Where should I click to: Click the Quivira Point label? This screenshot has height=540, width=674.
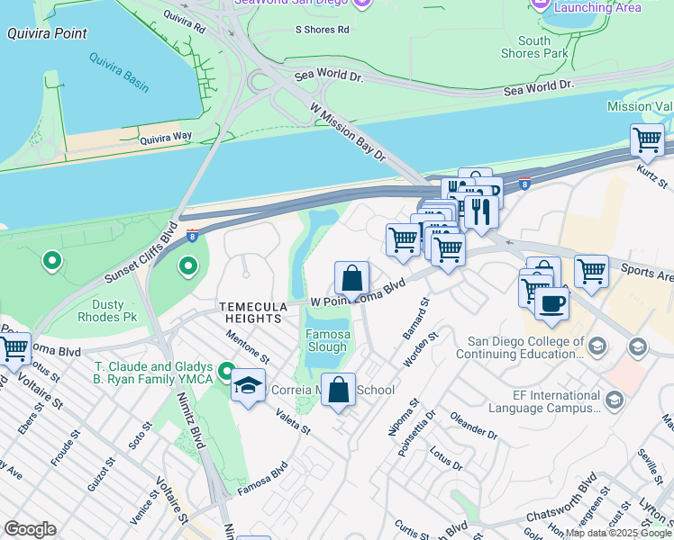point(47,34)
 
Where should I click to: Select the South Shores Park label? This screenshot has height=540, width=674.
point(534,48)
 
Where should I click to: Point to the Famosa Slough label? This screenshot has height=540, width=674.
point(326,340)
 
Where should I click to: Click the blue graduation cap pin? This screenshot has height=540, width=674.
point(248,386)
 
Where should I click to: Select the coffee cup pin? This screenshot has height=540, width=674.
point(551,302)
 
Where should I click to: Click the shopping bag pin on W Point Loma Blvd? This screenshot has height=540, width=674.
point(351,278)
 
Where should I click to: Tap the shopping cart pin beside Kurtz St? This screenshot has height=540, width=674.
point(647,139)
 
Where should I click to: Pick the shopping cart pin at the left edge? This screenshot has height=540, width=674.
point(13,348)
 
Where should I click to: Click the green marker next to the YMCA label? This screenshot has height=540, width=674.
point(228,370)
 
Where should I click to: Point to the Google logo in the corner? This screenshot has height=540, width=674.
point(30,529)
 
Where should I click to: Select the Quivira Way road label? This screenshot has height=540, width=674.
point(166,138)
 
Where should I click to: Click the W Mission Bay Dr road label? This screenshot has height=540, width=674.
point(348,132)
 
